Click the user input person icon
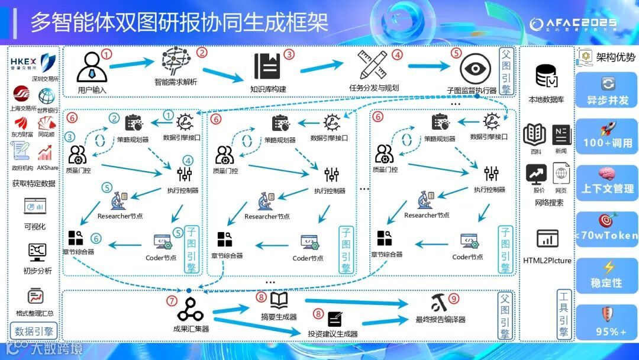(91, 66)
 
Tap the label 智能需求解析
(176, 82)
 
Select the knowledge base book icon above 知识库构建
(267, 66)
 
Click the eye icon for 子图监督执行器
(472, 69)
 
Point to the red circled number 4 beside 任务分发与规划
(398, 54)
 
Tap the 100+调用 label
(608, 143)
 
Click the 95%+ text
(608, 332)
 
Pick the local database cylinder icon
(546, 76)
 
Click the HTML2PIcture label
(547, 261)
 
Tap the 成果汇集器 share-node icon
(191, 309)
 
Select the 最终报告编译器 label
(440, 320)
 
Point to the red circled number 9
(454, 298)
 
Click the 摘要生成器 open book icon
(279, 300)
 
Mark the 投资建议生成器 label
(333, 334)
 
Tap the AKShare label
(47, 168)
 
